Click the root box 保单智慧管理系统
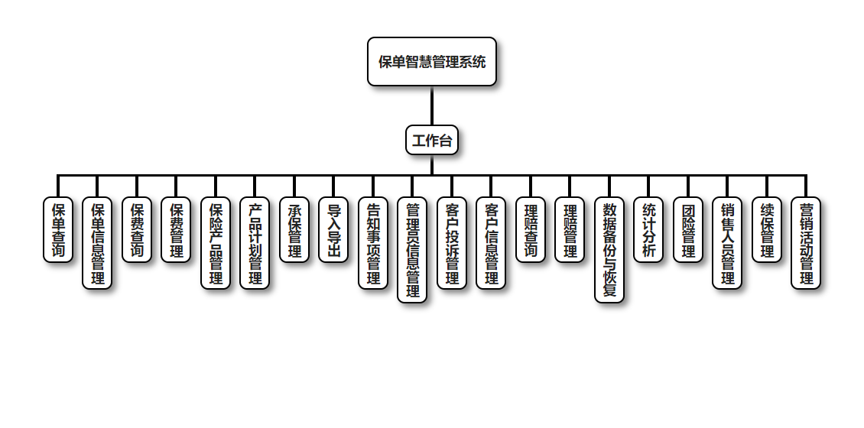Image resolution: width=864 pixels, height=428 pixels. [432, 62]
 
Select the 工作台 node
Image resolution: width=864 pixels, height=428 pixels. [432, 141]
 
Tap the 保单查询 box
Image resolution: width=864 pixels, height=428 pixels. [58, 230]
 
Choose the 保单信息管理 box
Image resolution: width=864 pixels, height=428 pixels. [97, 243]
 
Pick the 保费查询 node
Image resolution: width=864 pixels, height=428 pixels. [137, 230]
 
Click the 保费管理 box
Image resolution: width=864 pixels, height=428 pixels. [176, 230]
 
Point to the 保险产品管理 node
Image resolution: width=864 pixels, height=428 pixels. [216, 243]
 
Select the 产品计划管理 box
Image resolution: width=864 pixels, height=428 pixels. [255, 243]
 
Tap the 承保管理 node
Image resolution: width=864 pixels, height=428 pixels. [294, 230]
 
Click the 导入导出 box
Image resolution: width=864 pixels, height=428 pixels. [333, 230]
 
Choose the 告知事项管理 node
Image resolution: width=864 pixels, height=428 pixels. [373, 243]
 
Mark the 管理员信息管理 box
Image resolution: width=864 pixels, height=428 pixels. [412, 250]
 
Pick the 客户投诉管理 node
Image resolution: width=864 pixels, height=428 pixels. [452, 243]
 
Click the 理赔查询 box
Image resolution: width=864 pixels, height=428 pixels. [531, 230]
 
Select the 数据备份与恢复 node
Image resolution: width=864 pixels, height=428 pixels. [609, 250]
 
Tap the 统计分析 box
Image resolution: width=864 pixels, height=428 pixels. [648, 230]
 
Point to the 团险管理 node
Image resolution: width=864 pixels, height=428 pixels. [688, 230]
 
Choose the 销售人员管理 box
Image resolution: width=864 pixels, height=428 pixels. [727, 243]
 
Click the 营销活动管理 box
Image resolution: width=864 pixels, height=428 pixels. [806, 243]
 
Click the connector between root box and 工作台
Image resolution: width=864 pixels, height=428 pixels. [432, 105]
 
